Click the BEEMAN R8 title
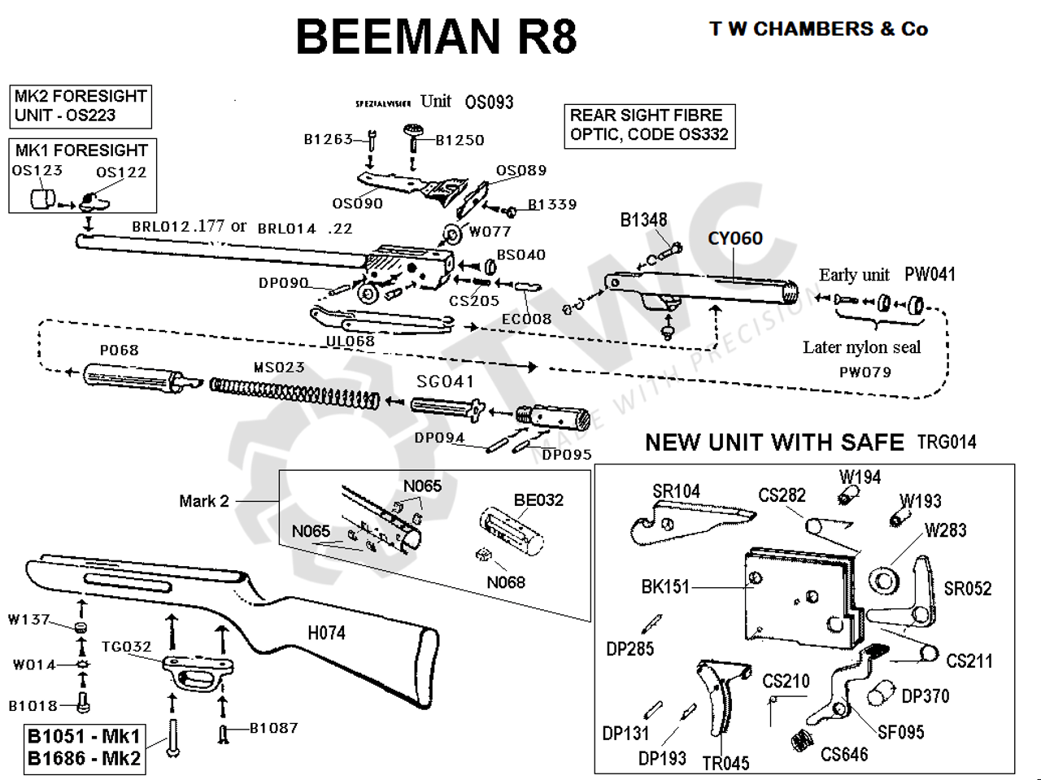[437, 36]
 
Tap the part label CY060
[734, 238]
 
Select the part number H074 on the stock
[326, 632]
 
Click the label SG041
[445, 381]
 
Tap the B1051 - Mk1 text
[84, 737]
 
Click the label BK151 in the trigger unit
[664, 586]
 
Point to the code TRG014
[946, 442]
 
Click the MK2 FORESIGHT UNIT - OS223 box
[81, 106]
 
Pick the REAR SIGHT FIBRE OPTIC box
[649, 125]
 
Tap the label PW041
[930, 274]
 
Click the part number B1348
[643, 220]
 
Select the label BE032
[538, 500]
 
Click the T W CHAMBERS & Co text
[818, 29]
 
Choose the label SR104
[676, 491]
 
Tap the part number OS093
[489, 102]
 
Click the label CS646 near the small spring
[844, 755]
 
